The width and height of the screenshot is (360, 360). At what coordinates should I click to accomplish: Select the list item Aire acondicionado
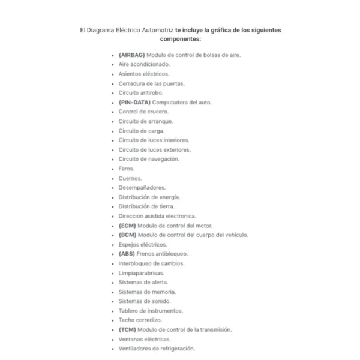point(144,64)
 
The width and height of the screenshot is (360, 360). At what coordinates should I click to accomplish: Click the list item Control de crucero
point(143,112)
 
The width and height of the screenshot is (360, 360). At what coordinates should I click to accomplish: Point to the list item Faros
point(126,169)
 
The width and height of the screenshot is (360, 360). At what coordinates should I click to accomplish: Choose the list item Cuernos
point(130,178)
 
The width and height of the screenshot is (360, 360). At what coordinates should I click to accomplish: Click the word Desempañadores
point(142,188)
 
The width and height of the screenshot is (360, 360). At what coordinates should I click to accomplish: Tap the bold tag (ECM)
point(127,226)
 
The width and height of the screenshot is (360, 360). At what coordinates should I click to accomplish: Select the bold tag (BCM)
point(127,235)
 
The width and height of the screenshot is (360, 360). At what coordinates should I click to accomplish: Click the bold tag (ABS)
point(127,254)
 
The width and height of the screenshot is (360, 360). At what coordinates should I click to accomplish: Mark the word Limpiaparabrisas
point(141,273)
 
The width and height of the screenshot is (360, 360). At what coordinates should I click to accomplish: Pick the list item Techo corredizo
point(140,320)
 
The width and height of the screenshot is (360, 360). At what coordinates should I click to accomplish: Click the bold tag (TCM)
point(127,330)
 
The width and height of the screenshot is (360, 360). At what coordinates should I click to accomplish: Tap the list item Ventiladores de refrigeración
point(157,349)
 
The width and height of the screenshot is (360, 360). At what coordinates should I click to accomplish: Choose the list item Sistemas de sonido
point(144,301)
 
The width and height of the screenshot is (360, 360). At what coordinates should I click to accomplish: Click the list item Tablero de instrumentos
point(151,311)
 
